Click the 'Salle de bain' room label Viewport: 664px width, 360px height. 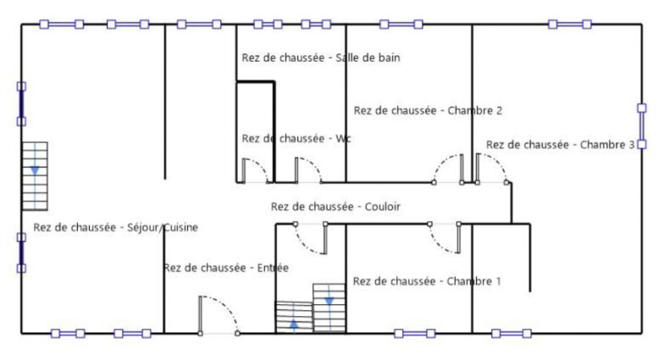click(x=368, y=58)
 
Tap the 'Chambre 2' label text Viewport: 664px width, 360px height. click(x=474, y=110)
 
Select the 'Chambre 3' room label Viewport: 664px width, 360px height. click(x=607, y=145)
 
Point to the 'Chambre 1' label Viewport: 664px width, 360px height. click(x=474, y=281)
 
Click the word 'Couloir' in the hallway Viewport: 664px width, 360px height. click(x=383, y=207)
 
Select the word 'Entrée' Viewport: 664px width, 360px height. click(x=273, y=268)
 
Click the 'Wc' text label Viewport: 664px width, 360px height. click(x=343, y=139)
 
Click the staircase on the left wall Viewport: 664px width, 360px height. click(x=35, y=176)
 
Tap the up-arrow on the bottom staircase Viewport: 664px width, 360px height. click(x=293, y=325)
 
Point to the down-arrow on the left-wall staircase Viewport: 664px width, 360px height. click(x=35, y=171)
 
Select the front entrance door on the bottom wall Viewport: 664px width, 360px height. click(x=219, y=315)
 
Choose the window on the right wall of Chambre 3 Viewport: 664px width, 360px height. click(x=642, y=126)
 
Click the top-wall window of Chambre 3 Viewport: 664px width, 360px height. click(x=569, y=24)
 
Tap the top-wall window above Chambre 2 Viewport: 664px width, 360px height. click(x=401, y=24)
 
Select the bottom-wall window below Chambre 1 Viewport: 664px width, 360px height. click(x=415, y=334)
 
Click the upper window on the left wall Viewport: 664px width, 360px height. click(x=21, y=104)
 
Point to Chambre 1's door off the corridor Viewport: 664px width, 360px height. click(x=445, y=238)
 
